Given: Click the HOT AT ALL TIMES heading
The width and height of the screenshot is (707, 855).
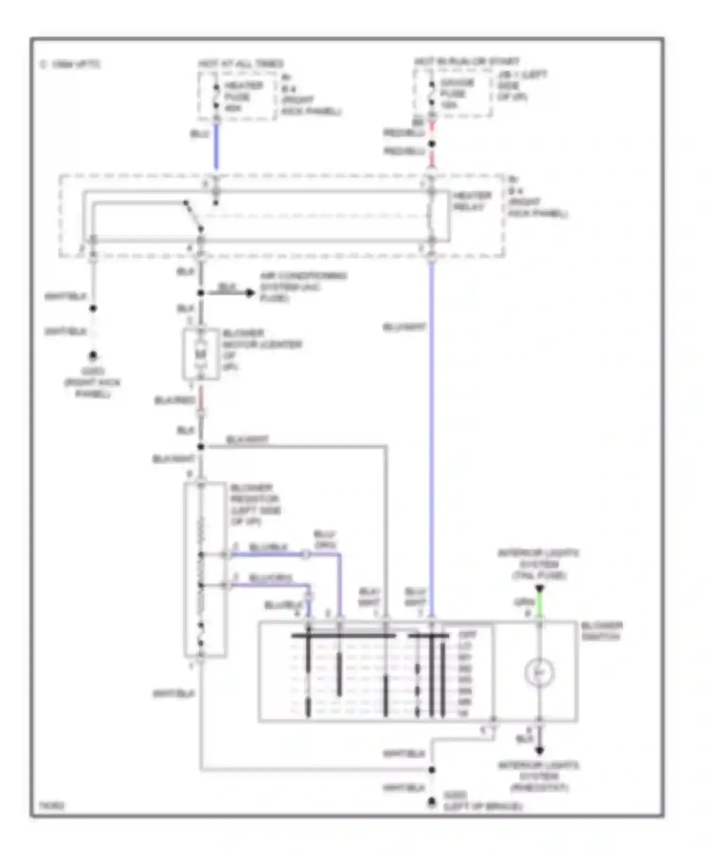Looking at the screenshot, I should pos(241,64).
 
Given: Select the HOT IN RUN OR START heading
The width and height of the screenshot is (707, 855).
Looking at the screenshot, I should pos(466,62).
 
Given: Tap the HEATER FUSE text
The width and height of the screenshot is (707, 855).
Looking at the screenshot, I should pos(243,97).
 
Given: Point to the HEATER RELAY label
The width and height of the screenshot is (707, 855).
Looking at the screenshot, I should pos(472,201).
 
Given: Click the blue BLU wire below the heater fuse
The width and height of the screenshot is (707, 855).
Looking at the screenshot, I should pos(216,146).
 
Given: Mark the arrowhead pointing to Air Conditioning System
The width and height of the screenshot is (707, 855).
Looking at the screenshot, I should pos(250,293).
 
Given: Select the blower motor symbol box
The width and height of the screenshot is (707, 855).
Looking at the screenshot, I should pos(201,354).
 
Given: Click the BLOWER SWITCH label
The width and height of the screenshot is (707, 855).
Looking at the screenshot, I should pos(601,631).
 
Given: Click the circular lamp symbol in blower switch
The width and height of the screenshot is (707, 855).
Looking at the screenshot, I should pos(539,673).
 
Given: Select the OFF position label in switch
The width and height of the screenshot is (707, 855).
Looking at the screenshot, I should pos(467,635).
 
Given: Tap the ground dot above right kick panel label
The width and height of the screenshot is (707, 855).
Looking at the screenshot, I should pos(93,355).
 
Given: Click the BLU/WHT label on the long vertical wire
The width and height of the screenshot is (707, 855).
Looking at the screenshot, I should pos(404,327).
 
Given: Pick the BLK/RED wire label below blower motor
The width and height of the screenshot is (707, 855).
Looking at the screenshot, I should pos(174,400).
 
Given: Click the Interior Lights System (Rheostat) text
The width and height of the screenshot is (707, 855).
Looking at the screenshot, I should pos(539,776).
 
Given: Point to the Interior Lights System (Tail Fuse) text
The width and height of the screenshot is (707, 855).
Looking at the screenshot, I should pos(539,564).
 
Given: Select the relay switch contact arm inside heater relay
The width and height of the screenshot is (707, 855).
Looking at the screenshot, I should pos(193,216).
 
